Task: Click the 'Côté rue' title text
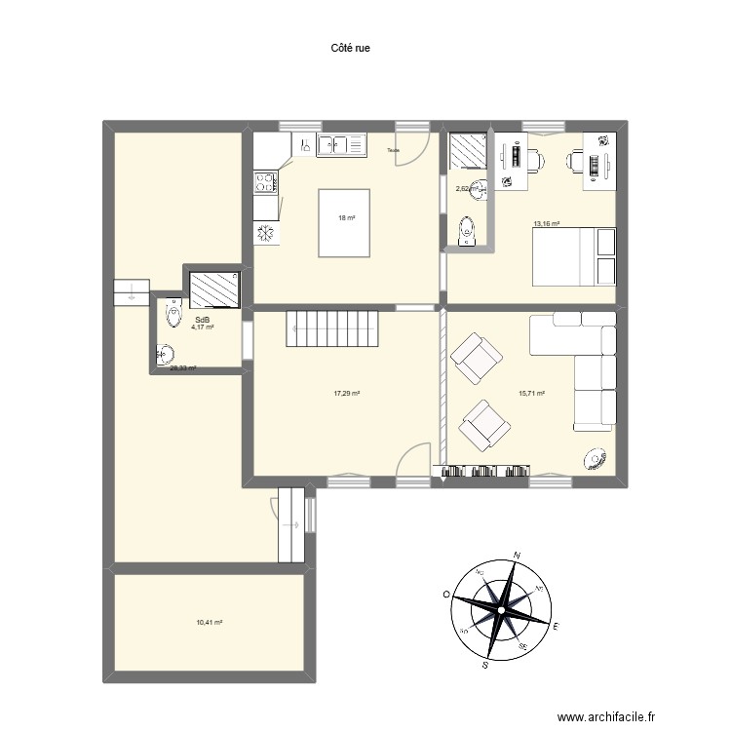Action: coord(351,46)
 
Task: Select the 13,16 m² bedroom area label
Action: coord(546,224)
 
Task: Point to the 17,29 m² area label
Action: coord(346,394)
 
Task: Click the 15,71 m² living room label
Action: coord(530,394)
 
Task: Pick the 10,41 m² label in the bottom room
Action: coord(210,622)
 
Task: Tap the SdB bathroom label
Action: coord(202,320)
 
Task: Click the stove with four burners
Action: coord(265,182)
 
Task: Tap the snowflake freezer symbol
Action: coord(264,234)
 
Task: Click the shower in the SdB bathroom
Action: coord(214,289)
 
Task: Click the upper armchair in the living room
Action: coord(476,358)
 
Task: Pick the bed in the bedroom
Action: coord(574,256)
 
